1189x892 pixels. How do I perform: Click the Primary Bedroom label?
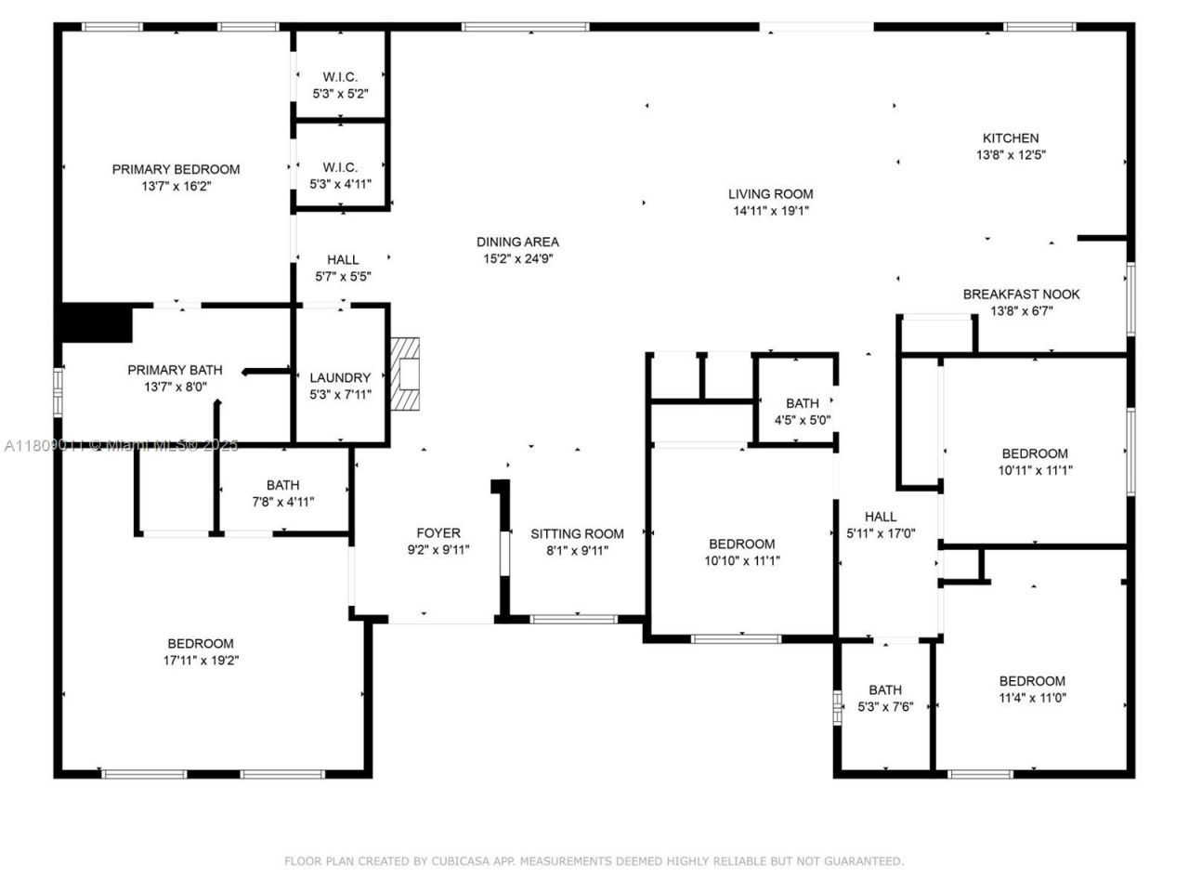pos(176,169)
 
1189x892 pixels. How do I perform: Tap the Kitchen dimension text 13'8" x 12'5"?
pos(1011,155)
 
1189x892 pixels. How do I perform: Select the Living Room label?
pos(770,194)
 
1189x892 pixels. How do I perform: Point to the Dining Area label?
pos(517,243)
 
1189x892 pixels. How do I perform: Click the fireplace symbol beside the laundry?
pos(405,374)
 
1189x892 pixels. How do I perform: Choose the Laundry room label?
pos(340,377)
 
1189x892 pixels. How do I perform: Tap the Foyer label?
pos(438,533)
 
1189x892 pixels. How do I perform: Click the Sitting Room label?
pos(577,533)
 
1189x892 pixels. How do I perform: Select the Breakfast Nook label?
pos(1021,295)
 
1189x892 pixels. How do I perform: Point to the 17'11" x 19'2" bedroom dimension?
pos(201,661)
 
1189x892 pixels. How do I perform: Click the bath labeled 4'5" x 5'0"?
pos(803,411)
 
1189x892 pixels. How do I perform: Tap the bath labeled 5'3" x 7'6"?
pos(885,698)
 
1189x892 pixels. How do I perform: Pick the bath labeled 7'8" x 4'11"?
pos(283,493)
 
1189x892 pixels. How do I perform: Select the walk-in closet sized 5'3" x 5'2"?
pos(340,85)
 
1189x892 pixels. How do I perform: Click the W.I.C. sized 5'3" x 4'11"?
pos(340,176)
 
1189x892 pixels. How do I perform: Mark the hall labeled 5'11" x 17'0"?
pos(881,525)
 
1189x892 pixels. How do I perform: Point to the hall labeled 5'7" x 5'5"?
pos(342,268)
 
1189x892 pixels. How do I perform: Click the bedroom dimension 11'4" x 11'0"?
pos(1032,698)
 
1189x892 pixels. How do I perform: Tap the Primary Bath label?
pos(175,370)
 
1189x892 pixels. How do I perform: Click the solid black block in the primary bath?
pos(96,323)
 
